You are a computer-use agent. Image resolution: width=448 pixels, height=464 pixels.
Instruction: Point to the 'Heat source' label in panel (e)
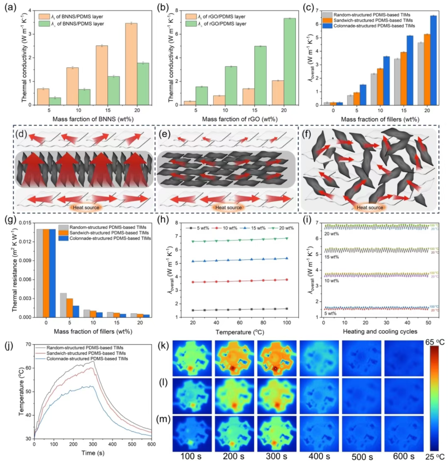[228, 207]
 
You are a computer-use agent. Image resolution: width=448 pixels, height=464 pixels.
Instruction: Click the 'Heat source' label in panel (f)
[370, 207]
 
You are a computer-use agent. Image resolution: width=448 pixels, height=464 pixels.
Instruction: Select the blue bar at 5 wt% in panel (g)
[76, 311]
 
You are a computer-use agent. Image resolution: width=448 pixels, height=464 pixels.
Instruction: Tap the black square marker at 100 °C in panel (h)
[287, 309]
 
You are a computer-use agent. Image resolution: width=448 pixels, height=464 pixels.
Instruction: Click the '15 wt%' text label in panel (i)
[332, 257]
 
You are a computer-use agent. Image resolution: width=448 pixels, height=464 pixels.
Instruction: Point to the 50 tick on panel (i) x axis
[428, 323]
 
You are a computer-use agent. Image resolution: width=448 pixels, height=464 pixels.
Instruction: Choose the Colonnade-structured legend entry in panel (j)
[87, 359]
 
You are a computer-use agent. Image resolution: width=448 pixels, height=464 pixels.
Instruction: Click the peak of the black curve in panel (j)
[93, 361]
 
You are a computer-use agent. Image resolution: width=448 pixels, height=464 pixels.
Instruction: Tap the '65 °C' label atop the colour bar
[436, 342]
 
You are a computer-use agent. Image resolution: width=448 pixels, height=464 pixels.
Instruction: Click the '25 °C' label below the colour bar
[436, 456]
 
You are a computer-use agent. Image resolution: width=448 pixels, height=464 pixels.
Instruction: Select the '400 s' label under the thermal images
[319, 456]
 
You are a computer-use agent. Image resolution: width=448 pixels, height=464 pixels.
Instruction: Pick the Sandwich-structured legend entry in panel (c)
[373, 20]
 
